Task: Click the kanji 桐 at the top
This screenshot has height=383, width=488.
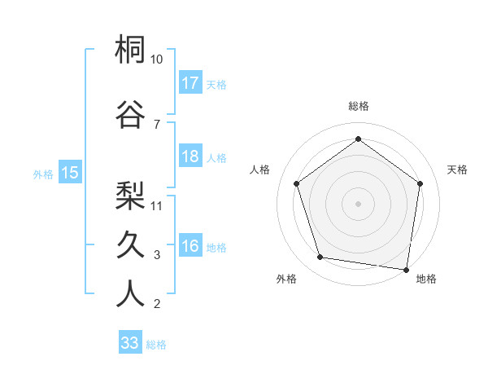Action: pyautogui.click(x=130, y=51)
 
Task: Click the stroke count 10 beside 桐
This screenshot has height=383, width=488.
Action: pyautogui.click(x=157, y=59)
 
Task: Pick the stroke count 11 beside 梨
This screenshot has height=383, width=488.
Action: pyautogui.click(x=157, y=205)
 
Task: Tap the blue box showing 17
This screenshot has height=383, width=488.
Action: pyautogui.click(x=190, y=83)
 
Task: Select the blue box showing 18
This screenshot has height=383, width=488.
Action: pyautogui.click(x=190, y=156)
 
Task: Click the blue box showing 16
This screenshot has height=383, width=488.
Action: pyautogui.click(x=190, y=246)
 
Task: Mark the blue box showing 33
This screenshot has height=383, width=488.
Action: pyautogui.click(x=130, y=343)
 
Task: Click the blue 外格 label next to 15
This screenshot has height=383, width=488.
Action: pyautogui.click(x=43, y=174)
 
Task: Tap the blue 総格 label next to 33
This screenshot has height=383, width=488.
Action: pyautogui.click(x=156, y=345)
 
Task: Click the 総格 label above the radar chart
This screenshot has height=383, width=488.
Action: pyautogui.click(x=359, y=106)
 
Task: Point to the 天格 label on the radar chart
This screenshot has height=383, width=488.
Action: pyautogui.click(x=457, y=169)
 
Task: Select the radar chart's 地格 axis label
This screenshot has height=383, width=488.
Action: pyautogui.click(x=426, y=279)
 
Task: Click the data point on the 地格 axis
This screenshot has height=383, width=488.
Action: pyautogui.click(x=406, y=268)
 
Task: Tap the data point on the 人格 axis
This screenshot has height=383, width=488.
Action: pyautogui.click(x=296, y=183)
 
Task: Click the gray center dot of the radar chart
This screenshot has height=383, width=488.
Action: pyautogui.click(x=358, y=203)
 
